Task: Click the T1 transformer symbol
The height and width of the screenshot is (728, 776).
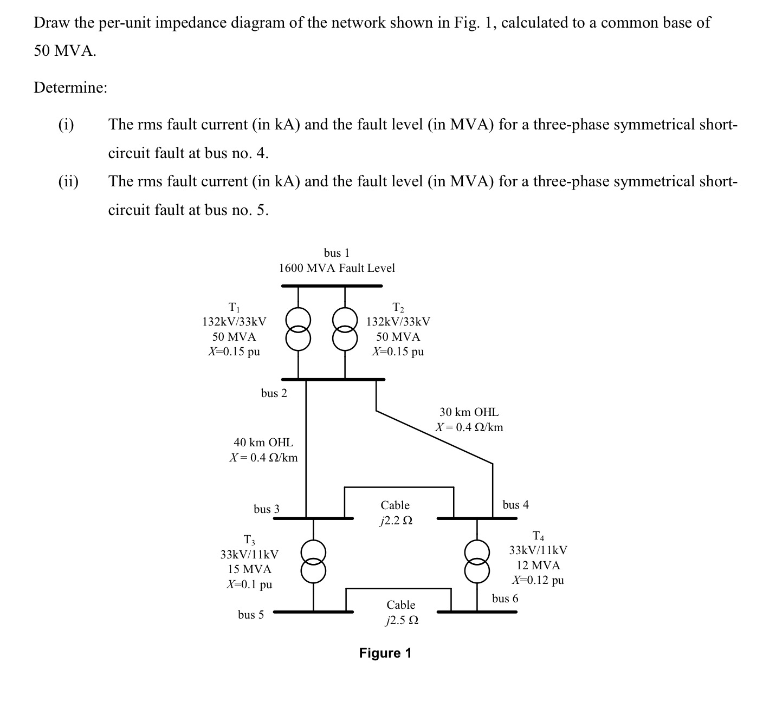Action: (298, 329)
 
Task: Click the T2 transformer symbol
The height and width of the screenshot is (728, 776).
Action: (345, 329)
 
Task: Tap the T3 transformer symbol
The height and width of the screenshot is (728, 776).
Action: (313, 562)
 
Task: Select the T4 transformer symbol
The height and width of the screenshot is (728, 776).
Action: (477, 562)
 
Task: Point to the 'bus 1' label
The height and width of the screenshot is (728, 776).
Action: (337, 253)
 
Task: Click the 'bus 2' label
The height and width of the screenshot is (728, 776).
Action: (274, 393)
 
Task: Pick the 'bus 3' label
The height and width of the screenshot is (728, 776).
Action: (267, 509)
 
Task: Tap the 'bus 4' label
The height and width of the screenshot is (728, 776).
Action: (515, 505)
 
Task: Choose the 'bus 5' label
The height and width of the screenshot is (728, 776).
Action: (251, 615)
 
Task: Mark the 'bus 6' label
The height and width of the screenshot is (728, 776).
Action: (505, 599)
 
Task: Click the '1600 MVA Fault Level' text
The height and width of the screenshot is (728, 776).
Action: (337, 268)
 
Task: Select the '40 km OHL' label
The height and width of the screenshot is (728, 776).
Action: (263, 443)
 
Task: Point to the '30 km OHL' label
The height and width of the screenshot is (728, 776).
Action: (469, 412)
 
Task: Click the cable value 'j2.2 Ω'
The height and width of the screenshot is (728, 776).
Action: (396, 521)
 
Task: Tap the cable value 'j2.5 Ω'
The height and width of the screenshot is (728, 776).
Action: (401, 621)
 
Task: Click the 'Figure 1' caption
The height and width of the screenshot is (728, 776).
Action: (385, 653)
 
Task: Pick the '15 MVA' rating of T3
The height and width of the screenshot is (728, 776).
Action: (249, 569)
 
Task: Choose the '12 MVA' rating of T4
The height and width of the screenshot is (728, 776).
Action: (538, 565)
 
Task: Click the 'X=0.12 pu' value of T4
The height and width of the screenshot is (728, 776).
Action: (538, 580)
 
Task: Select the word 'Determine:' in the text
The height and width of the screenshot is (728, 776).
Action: (70, 88)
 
